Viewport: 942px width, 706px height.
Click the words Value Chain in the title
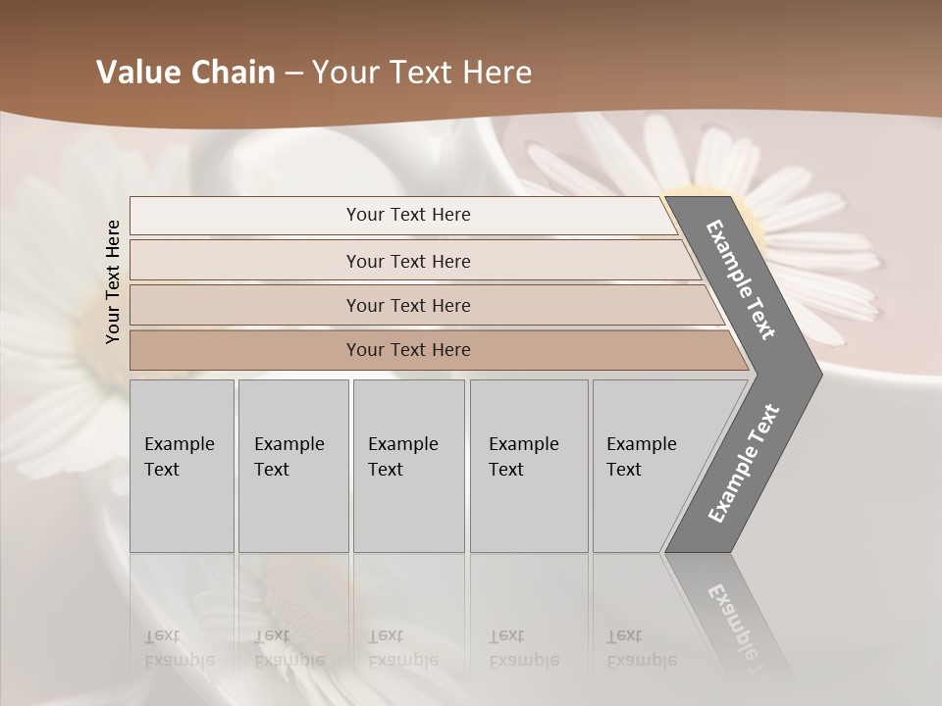click(185, 73)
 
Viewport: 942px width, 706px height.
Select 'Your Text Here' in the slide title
click(422, 73)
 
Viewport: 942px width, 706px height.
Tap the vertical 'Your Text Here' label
click(113, 281)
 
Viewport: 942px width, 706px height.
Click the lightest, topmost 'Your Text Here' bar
click(407, 215)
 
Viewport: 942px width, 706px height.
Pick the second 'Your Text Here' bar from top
click(407, 261)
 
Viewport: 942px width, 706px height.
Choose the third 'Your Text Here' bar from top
click(407, 305)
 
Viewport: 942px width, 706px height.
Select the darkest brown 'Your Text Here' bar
click(407, 350)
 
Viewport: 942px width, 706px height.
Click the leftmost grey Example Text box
click(182, 466)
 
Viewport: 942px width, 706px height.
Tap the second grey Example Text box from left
click(292, 466)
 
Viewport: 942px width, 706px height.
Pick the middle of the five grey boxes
click(408, 466)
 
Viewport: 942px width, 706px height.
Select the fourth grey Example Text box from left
click(529, 466)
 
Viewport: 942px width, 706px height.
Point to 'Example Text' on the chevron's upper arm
click(741, 279)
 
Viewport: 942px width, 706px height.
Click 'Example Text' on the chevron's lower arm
click(743, 464)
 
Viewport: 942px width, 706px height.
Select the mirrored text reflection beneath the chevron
click(736, 628)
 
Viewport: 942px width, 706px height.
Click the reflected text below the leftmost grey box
click(179, 648)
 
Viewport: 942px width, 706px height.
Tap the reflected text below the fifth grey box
click(641, 648)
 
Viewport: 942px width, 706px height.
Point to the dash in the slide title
click(293, 74)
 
